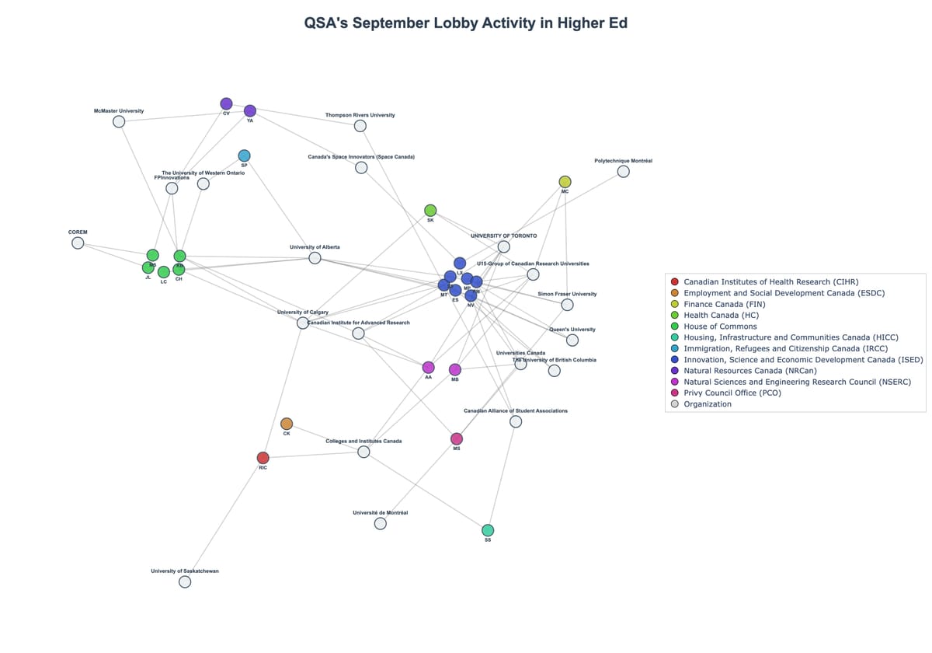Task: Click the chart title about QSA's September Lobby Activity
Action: pos(466,23)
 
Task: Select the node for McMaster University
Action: pos(119,121)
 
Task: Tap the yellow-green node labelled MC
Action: pos(565,182)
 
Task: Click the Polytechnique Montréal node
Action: pos(623,171)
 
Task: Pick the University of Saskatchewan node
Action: pos(185,581)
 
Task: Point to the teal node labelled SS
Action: pos(488,530)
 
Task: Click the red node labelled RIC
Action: pos(263,458)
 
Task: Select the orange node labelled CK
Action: pos(287,424)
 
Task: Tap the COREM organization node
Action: pos(78,243)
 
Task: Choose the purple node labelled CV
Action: pos(226,103)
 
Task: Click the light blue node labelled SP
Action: pos(244,155)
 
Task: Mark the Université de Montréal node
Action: pos(380,523)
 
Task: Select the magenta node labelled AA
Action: pos(428,367)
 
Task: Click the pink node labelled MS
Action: pos(457,439)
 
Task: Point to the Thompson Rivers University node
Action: pos(360,126)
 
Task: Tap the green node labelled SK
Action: pos(430,211)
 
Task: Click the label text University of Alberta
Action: pos(315,247)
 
